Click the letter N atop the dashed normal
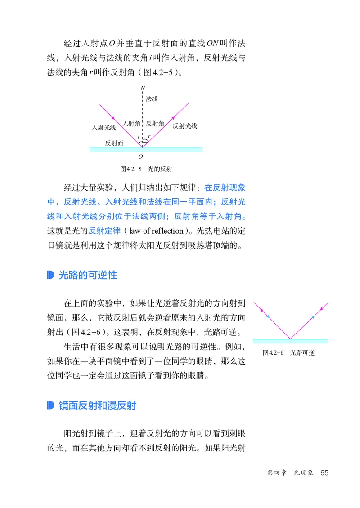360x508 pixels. click(143, 88)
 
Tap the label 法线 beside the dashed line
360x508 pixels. click(152, 99)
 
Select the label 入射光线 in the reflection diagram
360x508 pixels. click(103, 127)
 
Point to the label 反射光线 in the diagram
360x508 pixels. click(185, 126)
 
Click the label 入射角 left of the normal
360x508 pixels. click(131, 123)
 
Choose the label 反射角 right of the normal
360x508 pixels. click(155, 123)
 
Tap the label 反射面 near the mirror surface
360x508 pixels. click(114, 143)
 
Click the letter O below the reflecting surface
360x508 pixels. click(141, 156)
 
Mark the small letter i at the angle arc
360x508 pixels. click(139, 136)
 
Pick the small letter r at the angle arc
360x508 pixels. click(149, 136)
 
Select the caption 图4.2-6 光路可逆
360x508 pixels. click(288, 352)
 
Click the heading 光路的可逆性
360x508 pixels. click(88, 275)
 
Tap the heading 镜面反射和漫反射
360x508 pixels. click(97, 406)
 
